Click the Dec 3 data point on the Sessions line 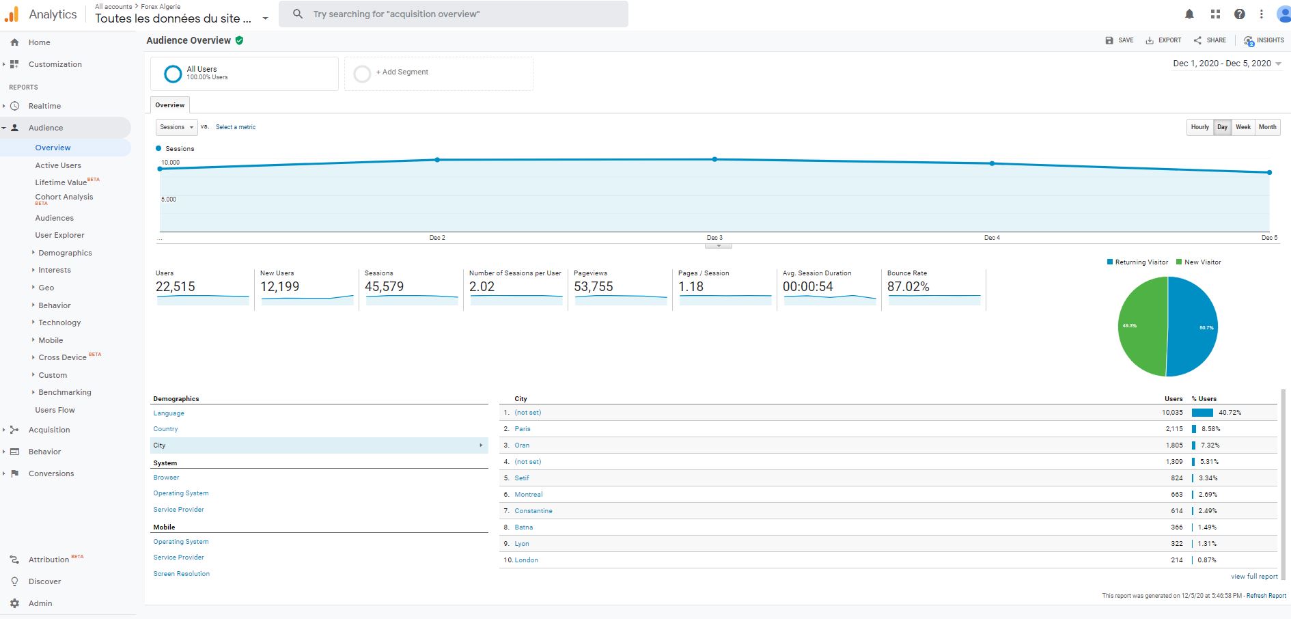click(x=714, y=159)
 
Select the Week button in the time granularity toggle click(x=1243, y=127)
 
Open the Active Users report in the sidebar click(x=58, y=165)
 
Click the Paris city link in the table click(x=523, y=429)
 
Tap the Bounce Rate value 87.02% click(x=908, y=287)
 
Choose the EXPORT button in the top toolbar click(x=1163, y=40)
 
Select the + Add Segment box click(x=439, y=72)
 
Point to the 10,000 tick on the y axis click(x=170, y=163)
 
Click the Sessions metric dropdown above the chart click(x=176, y=127)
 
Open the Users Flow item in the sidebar click(x=55, y=410)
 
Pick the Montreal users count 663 click(x=1176, y=495)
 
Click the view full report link click(x=1254, y=577)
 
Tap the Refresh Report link click(x=1266, y=596)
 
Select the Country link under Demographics click(x=165, y=429)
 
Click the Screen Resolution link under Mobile click(x=181, y=574)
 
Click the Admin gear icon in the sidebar click(x=15, y=603)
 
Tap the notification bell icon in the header click(x=1189, y=14)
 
